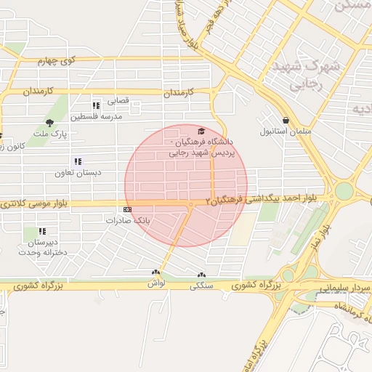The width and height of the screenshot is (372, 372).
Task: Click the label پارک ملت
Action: pos(52,135)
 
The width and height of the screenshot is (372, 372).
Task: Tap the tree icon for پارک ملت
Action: pos(49,123)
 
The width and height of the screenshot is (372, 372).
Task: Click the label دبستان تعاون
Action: pos(78,174)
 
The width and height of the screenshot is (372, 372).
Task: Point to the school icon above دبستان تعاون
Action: pos(78,162)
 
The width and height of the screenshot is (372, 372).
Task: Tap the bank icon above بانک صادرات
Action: pos(128,209)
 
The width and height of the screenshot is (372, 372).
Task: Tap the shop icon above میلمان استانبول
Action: pos(285,120)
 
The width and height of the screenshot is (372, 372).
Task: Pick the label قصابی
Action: pos(118,101)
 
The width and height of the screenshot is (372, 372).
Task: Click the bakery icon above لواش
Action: pos(154,272)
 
